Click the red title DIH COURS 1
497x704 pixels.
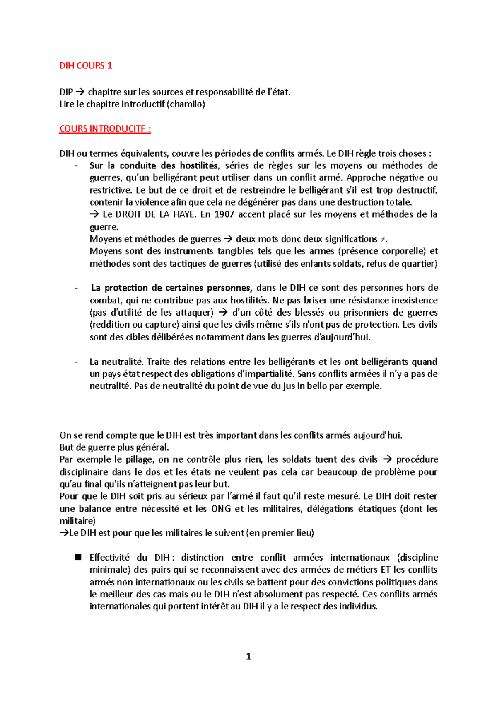point(86,66)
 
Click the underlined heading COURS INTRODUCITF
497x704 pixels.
point(105,129)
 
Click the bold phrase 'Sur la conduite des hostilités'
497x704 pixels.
point(154,166)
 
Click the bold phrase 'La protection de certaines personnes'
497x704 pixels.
point(171,288)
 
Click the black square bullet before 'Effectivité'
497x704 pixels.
point(78,557)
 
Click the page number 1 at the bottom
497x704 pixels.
point(248,656)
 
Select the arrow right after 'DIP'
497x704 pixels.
point(81,92)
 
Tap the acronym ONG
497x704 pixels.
point(221,509)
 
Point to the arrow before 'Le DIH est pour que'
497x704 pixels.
point(64,533)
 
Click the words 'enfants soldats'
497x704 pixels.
point(330,264)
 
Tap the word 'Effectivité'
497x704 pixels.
point(109,558)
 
